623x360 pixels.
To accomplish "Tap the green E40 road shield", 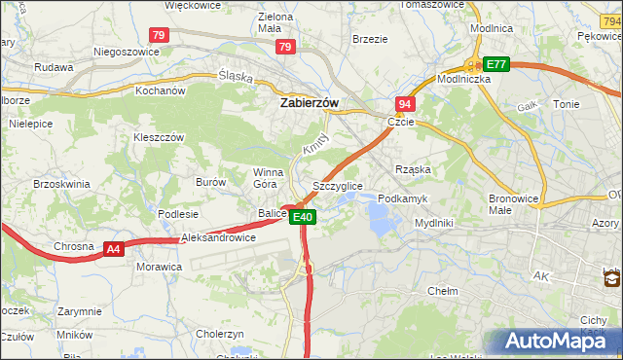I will [x=303, y=217].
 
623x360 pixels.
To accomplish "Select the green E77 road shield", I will [x=496, y=64].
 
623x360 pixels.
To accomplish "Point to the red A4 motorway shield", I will [x=114, y=249].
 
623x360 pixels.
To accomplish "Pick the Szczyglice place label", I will [x=338, y=186].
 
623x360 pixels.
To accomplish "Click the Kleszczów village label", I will [x=159, y=138].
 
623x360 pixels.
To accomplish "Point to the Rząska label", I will [x=413, y=169].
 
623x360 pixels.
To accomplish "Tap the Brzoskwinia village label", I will [x=61, y=183].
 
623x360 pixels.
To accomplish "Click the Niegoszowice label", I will [x=126, y=51].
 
